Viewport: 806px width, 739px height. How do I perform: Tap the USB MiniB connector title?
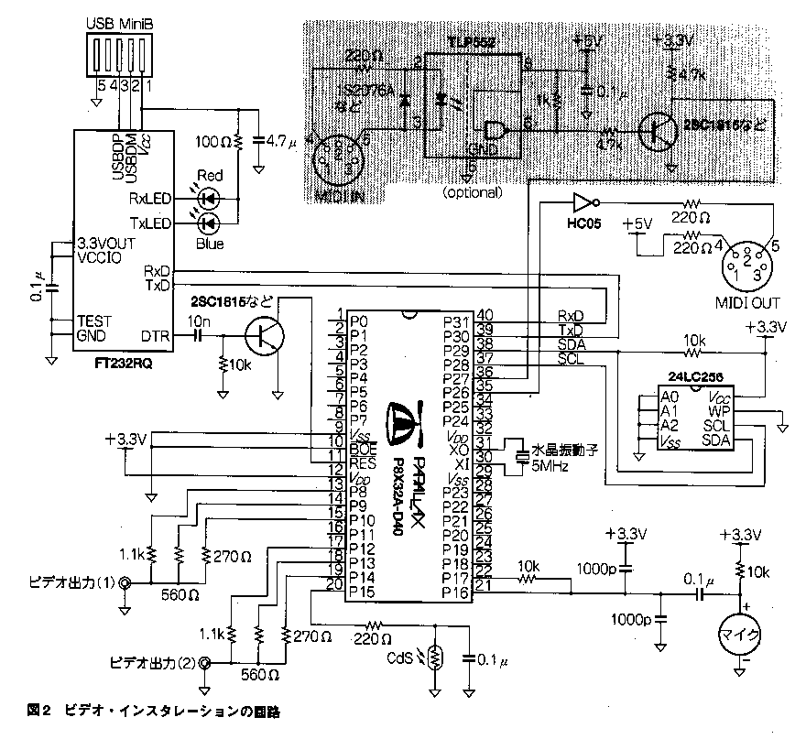[x=118, y=20]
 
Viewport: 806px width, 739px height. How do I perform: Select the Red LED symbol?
[x=209, y=196]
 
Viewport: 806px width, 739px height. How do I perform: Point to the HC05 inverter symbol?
[x=583, y=202]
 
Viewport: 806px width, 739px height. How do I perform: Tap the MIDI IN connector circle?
[x=334, y=158]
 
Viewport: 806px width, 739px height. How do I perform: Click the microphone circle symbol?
[x=739, y=634]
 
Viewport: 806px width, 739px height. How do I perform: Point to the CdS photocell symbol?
[x=435, y=656]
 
